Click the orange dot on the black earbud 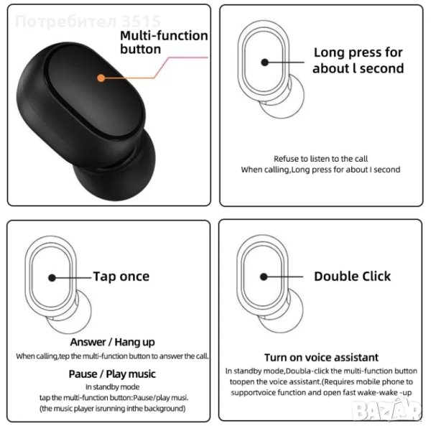coord(101,78)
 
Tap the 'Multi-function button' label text coord(164,42)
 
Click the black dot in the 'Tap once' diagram coord(52,278)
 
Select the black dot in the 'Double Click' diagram coord(264,277)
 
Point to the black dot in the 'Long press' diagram coord(264,62)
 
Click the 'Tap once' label coord(121,277)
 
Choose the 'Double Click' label coord(352,277)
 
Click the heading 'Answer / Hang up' coord(113,342)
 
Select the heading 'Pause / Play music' coord(112,374)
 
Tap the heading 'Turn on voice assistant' coord(321,357)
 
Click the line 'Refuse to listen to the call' coord(321,159)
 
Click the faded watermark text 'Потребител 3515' coord(88,21)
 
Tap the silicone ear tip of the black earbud coord(116,170)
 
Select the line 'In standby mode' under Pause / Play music coord(113,387)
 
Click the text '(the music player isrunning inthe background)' coord(113,409)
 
